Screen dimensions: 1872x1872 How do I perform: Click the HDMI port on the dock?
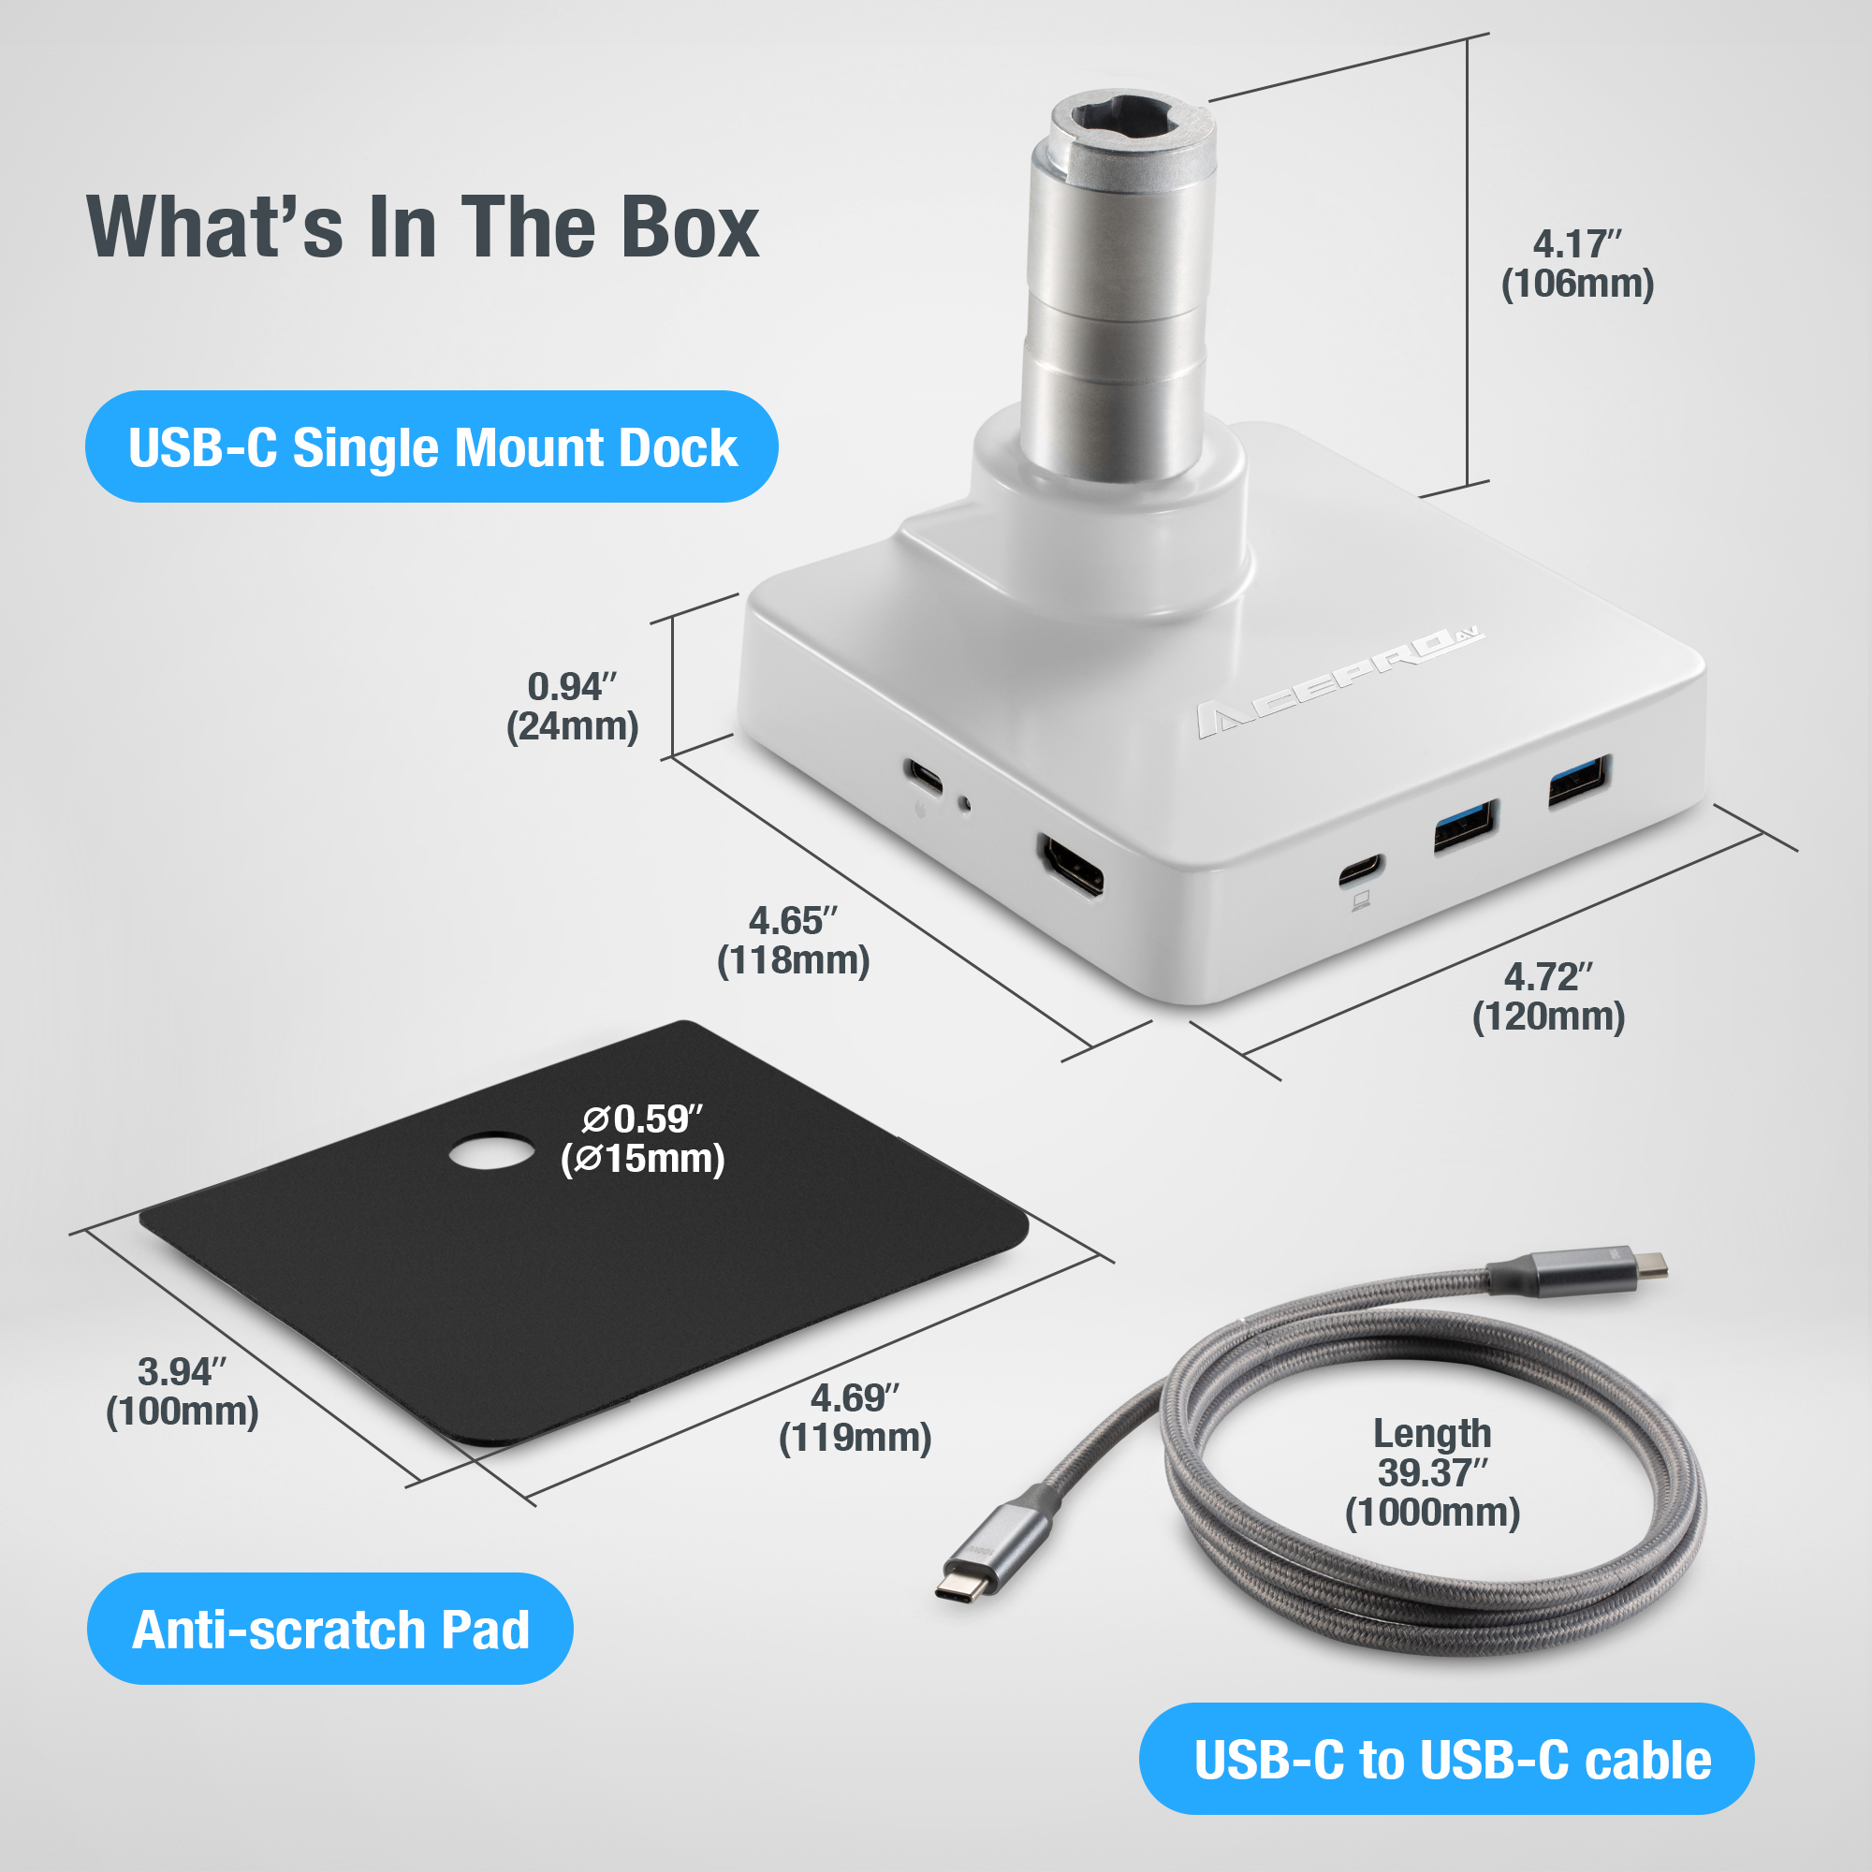coord(1071,865)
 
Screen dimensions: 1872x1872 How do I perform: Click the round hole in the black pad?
coord(491,1153)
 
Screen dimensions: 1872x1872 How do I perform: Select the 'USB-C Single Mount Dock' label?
coord(431,447)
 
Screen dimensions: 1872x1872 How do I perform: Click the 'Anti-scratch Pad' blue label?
coord(330,1630)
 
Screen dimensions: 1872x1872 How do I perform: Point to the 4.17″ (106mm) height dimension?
coord(1576,265)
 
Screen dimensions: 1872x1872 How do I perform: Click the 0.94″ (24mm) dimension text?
coord(573,708)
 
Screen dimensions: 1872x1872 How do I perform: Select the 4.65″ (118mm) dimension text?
coord(793,941)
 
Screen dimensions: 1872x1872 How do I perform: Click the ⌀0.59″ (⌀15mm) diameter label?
coord(643,1139)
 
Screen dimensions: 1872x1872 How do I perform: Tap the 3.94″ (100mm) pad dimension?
coord(183,1392)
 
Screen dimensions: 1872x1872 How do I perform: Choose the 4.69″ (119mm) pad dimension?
coord(855,1417)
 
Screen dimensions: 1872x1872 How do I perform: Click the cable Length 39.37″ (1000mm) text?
coord(1432,1472)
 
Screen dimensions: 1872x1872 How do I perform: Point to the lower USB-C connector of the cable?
coord(965,1586)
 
